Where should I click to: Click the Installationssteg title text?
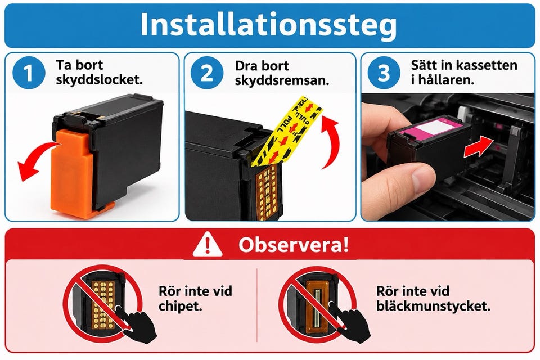[269, 25]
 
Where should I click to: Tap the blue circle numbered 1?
[29, 73]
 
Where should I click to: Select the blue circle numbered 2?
[206, 73]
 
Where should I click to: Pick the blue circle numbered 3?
[384, 73]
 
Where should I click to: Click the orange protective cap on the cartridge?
[74, 174]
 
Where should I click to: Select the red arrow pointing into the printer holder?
[479, 147]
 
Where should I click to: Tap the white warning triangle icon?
[207, 244]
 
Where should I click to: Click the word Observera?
[294, 245]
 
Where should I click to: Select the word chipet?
[180, 306]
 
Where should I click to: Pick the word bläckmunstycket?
[433, 306]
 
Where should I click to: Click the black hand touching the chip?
[136, 323]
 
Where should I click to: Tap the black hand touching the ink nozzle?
[351, 322]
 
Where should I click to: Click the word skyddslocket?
[99, 80]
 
